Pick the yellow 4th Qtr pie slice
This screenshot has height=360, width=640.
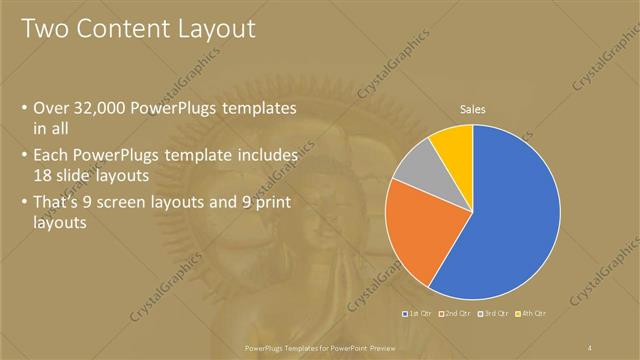click(454, 145)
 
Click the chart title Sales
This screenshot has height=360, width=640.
click(472, 110)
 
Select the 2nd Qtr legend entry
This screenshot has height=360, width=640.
click(455, 314)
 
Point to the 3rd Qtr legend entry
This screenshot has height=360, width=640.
click(493, 314)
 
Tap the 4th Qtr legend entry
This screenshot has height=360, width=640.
click(530, 314)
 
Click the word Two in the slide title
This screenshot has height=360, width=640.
click(45, 29)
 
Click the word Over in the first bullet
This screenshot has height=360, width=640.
click(52, 108)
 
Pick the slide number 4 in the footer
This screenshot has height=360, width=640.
click(590, 346)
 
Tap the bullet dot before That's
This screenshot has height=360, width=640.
click(24, 200)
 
